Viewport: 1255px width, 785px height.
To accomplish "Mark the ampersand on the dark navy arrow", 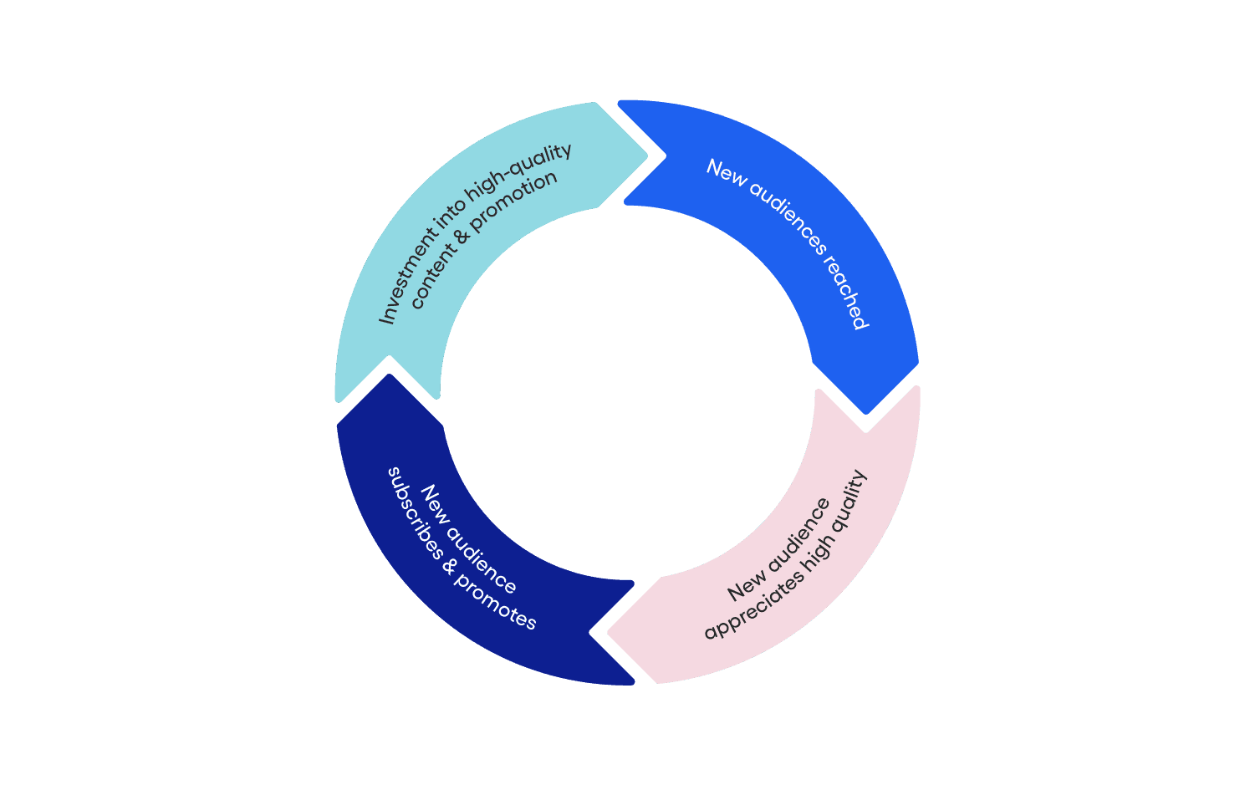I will pos(450,567).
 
